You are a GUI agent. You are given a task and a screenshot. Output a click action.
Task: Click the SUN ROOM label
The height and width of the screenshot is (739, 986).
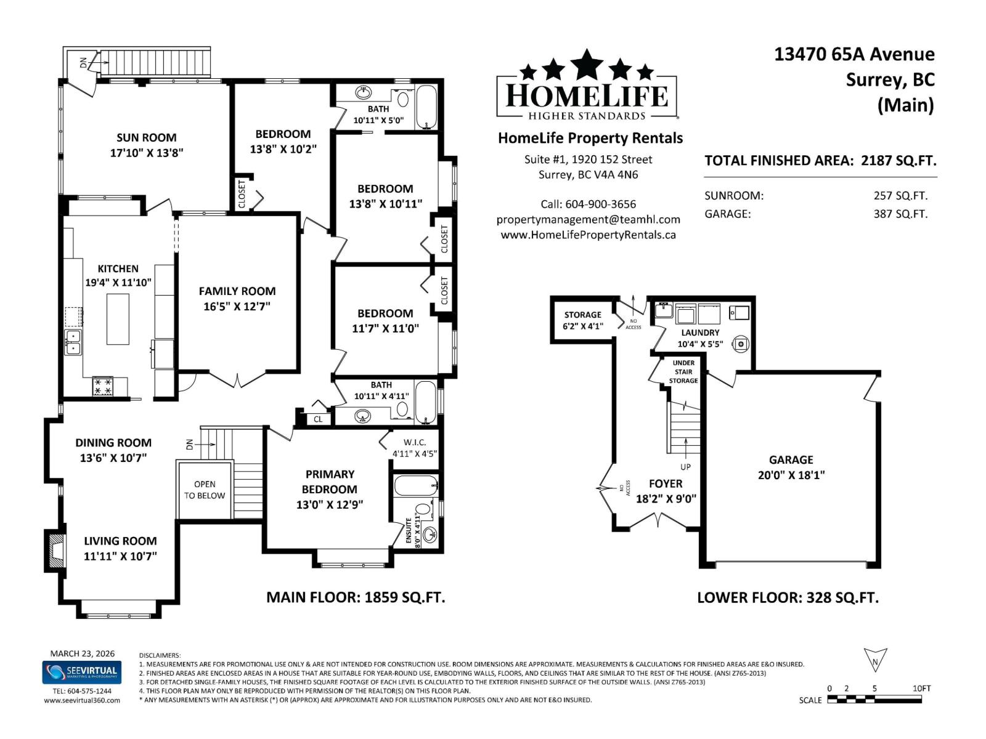pyautogui.click(x=147, y=138)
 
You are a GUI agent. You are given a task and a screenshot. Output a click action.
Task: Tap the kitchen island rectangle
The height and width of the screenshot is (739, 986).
pyautogui.click(x=118, y=319)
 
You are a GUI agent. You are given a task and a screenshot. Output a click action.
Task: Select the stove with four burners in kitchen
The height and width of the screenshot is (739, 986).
pyautogui.click(x=102, y=387)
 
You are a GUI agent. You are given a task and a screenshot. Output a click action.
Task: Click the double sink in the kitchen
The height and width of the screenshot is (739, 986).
pyautogui.click(x=73, y=342)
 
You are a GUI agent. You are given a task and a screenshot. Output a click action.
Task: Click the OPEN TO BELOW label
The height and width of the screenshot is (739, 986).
pyautogui.click(x=205, y=490)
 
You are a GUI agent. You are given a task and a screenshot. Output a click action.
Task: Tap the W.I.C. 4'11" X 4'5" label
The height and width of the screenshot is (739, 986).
pyautogui.click(x=415, y=448)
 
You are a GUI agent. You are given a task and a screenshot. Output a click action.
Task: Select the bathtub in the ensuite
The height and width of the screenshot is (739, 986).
pyautogui.click(x=416, y=486)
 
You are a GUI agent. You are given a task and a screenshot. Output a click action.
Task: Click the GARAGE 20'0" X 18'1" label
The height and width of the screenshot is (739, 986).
pyautogui.click(x=791, y=467)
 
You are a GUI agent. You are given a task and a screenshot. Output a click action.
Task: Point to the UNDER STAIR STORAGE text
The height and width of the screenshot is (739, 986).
pyautogui.click(x=683, y=372)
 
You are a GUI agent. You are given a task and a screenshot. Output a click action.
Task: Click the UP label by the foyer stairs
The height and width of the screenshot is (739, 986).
pyautogui.click(x=685, y=467)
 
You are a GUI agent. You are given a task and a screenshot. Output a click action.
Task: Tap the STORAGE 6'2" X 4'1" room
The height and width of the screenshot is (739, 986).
pyautogui.click(x=582, y=320)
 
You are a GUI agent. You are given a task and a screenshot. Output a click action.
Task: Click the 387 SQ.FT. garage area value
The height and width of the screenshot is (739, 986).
pyautogui.click(x=900, y=214)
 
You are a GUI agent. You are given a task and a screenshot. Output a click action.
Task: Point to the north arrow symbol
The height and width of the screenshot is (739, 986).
pyautogui.click(x=875, y=660)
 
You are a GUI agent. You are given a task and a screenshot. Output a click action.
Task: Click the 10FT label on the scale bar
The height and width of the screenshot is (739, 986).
pyautogui.click(x=921, y=689)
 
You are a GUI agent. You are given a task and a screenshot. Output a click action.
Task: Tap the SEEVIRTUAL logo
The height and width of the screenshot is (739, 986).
pyautogui.click(x=82, y=672)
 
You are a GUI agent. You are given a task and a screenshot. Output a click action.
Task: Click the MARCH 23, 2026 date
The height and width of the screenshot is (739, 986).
pyautogui.click(x=82, y=653)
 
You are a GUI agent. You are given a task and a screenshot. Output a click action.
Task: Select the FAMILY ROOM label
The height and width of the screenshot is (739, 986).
pyautogui.click(x=237, y=291)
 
